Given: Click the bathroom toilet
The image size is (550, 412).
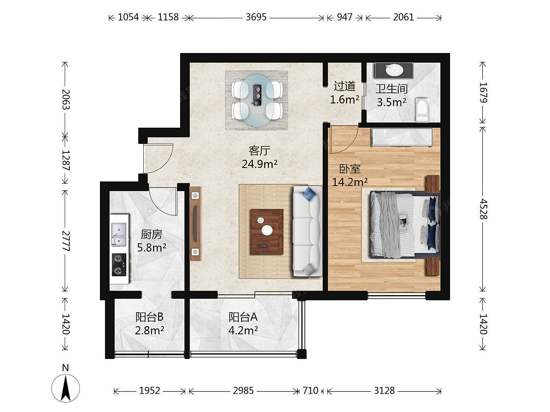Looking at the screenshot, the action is (x=423, y=110).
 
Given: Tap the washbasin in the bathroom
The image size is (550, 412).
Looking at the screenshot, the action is (x=394, y=70).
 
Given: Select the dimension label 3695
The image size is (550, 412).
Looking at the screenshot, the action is (x=256, y=17).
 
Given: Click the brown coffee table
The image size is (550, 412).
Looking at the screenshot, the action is (x=267, y=232).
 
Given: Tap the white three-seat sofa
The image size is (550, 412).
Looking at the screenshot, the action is (x=308, y=231).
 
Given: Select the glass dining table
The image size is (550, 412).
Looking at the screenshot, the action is (x=256, y=101).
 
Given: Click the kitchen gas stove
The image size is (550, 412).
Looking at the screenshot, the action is (x=119, y=265).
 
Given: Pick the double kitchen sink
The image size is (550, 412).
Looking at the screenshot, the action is (x=119, y=234).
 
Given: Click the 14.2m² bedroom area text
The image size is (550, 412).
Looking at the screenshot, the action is (x=350, y=182).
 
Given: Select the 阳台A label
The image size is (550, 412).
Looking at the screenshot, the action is (x=243, y=317).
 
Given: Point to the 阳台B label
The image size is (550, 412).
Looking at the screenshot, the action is (x=150, y=317).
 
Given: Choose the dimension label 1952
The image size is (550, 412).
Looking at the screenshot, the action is (x=150, y=390).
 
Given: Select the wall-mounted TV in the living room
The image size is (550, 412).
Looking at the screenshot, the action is (x=196, y=224).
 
